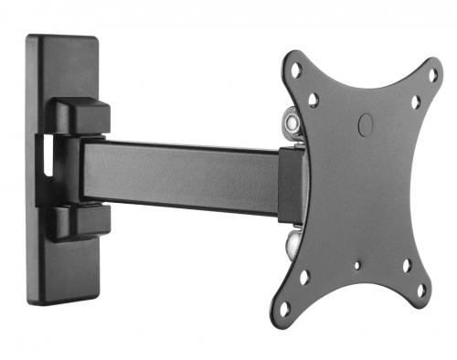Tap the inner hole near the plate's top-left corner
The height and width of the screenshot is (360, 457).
point(314,99)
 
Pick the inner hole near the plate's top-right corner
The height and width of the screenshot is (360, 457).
point(415,102)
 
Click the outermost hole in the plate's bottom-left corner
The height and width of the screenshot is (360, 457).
point(284,308)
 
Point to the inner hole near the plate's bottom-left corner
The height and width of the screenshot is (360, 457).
point(303,276)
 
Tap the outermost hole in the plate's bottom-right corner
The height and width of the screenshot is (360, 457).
point(421,291)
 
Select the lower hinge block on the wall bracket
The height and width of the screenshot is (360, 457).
point(80,222)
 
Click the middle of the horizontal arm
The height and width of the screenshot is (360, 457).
point(183,171)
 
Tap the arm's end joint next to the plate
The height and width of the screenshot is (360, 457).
point(288,183)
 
